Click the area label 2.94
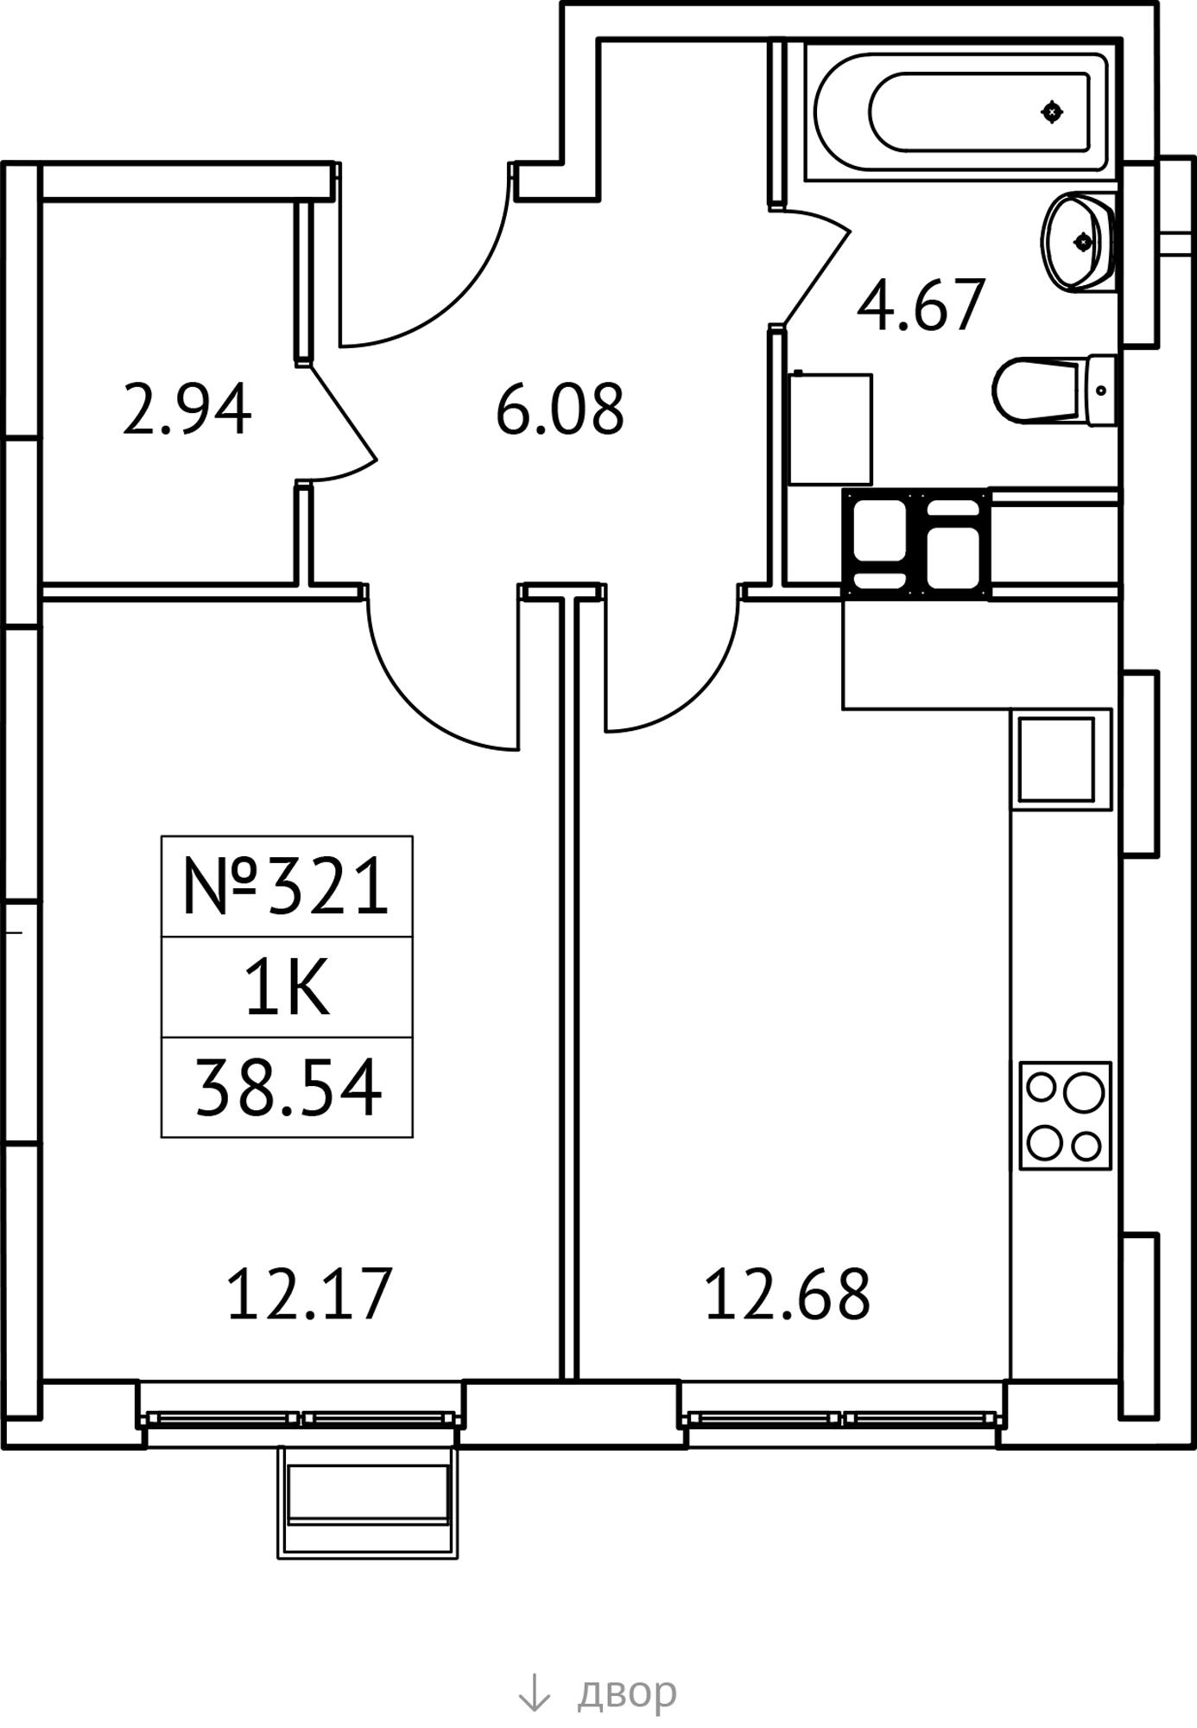point(187,409)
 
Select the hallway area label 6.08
point(560,409)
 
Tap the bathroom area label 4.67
point(921,305)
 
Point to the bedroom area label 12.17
point(309,1293)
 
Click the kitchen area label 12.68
point(788,1293)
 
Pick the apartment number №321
point(286,886)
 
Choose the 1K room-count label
point(288,988)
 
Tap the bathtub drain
point(1052,111)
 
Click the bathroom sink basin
point(1078,242)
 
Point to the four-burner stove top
point(1065,1116)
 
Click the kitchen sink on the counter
point(1061,759)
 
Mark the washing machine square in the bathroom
point(831,429)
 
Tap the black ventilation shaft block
point(916,544)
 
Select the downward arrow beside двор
point(534,1693)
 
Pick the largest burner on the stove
point(1084,1093)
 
